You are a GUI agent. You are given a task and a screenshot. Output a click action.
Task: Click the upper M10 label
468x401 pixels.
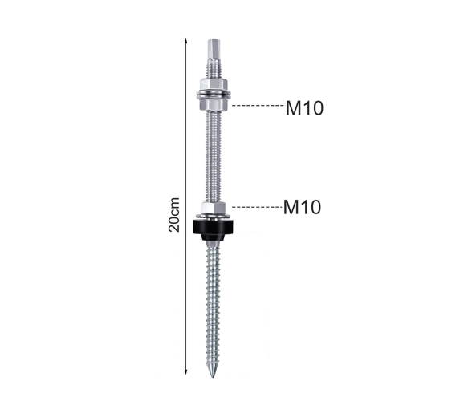[x=304, y=108]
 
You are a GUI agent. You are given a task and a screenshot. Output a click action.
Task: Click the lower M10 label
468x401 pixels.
[x=302, y=207]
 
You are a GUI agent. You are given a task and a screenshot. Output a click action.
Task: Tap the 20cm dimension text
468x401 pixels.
[x=174, y=215]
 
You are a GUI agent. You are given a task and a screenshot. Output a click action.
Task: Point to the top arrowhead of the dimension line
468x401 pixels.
[x=185, y=41]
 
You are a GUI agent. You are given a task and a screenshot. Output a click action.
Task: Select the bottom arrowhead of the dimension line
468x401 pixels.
[x=185, y=371]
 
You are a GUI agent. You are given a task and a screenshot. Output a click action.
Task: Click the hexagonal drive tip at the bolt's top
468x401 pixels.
[x=214, y=49]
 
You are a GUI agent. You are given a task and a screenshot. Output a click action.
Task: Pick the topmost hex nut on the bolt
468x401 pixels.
[x=214, y=83]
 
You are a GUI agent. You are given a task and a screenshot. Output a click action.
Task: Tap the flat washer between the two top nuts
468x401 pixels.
[x=214, y=94]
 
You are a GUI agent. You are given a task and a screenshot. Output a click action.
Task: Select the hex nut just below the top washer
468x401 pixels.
[x=214, y=104]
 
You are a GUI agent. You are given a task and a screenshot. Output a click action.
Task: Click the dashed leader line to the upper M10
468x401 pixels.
[x=258, y=105]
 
